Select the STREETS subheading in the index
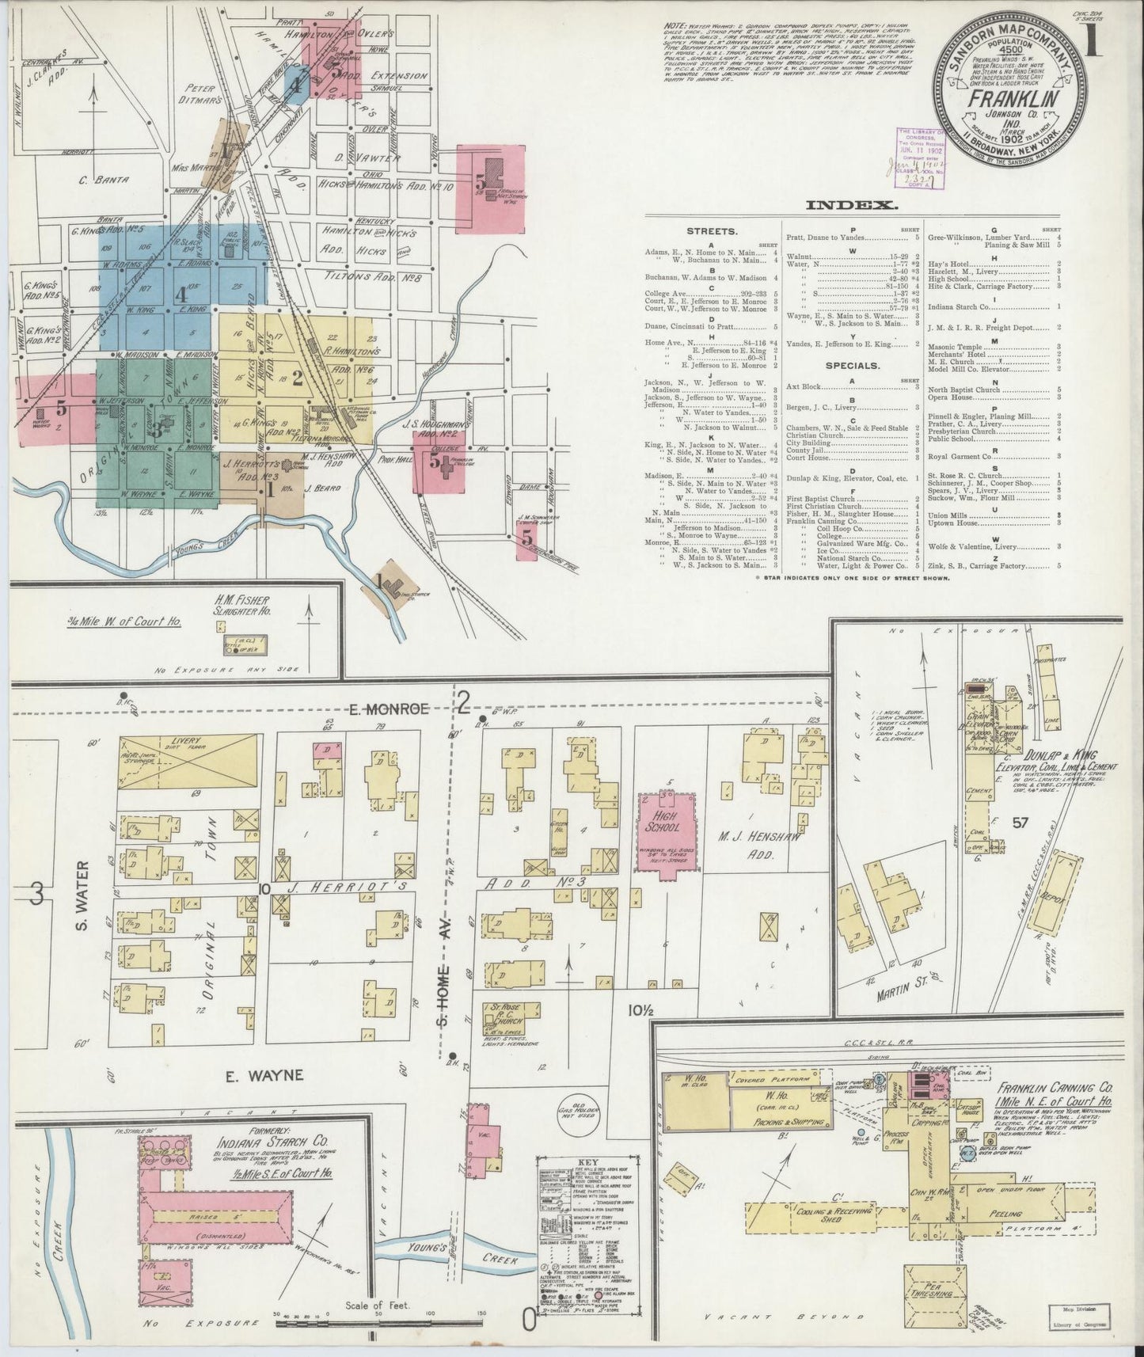pyautogui.click(x=715, y=233)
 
